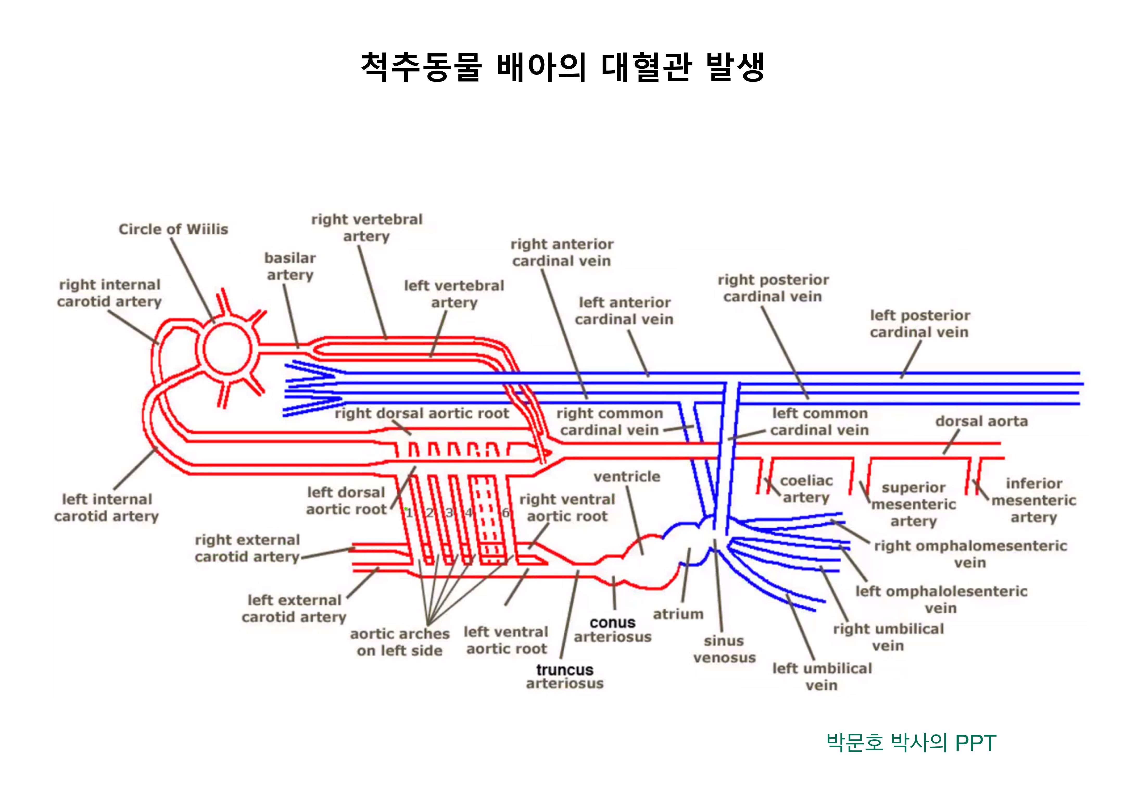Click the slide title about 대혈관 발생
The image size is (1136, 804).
pyautogui.click(x=563, y=67)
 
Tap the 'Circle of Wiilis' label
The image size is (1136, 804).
pyautogui.click(x=173, y=229)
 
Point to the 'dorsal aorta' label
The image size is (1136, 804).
pyautogui.click(x=982, y=421)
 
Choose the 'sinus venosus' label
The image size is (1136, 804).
pyautogui.click(x=724, y=649)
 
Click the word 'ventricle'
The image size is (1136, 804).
pyautogui.click(x=627, y=477)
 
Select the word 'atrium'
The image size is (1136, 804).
pyautogui.click(x=678, y=614)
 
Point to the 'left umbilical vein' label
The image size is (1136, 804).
pyautogui.click(x=822, y=677)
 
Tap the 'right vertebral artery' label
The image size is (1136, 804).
pyautogui.click(x=367, y=228)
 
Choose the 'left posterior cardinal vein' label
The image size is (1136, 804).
pyautogui.click(x=920, y=324)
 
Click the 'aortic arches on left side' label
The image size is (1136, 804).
pyautogui.click(x=400, y=642)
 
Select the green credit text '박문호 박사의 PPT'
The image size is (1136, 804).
pyautogui.click(x=911, y=743)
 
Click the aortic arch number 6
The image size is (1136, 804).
pyautogui.click(x=505, y=513)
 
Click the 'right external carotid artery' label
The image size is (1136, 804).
pyautogui.click(x=247, y=548)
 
